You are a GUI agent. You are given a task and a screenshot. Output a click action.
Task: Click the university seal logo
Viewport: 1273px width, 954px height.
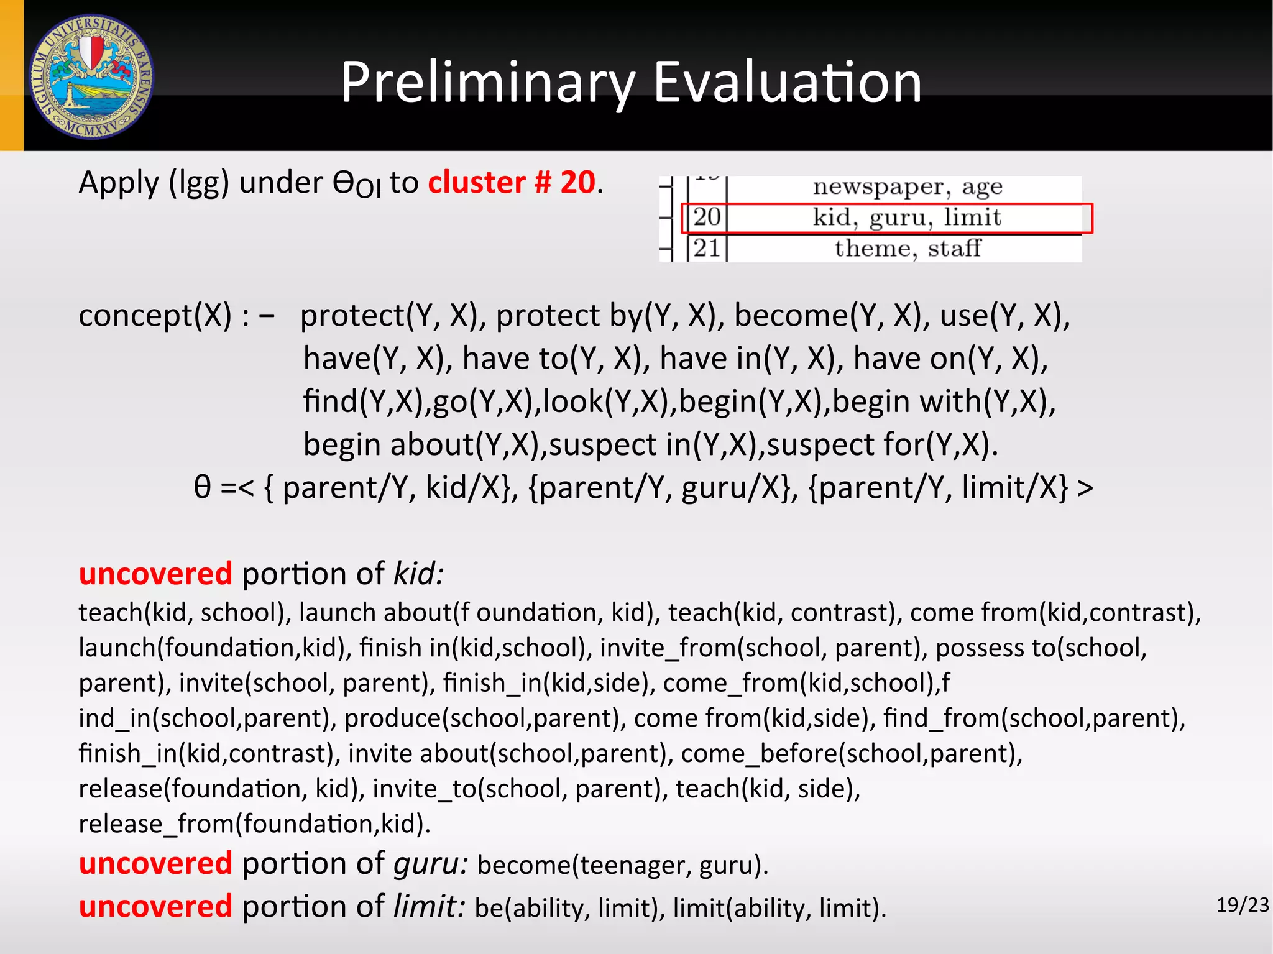tap(92, 76)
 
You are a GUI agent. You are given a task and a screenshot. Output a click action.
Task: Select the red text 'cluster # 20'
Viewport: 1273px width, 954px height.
tap(512, 183)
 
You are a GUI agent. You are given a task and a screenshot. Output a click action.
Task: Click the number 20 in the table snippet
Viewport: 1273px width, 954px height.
tap(707, 218)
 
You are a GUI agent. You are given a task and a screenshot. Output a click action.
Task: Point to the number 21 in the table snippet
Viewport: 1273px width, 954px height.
tap(707, 249)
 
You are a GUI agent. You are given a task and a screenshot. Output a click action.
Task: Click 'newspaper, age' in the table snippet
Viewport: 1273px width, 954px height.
tap(908, 186)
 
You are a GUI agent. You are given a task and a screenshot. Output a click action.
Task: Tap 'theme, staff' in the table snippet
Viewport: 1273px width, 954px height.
tap(908, 249)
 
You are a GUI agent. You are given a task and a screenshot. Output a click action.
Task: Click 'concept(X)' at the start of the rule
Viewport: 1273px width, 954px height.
tap(155, 316)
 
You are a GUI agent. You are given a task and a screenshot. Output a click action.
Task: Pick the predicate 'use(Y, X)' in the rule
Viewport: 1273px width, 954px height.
tap(1004, 316)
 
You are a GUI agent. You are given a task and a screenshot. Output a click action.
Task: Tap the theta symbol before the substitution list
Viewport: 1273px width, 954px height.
tap(203, 487)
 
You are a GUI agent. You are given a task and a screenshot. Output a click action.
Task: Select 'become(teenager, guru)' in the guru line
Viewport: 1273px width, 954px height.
tap(622, 865)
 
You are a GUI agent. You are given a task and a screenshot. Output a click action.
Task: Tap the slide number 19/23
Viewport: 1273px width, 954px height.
tap(1242, 905)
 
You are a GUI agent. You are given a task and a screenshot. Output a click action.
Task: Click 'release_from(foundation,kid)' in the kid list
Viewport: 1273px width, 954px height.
tap(254, 824)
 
